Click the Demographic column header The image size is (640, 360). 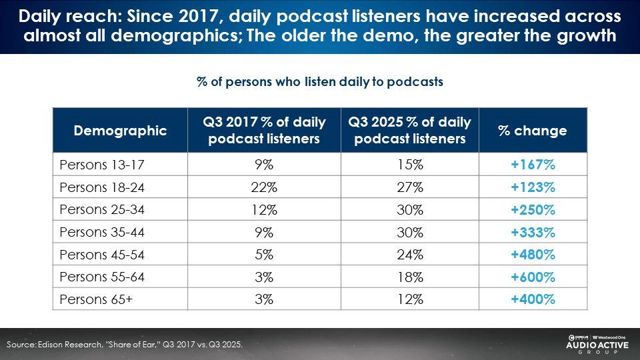click(120, 131)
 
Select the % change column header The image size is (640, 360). click(532, 131)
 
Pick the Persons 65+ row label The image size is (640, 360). click(96, 299)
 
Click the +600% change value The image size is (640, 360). click(532, 277)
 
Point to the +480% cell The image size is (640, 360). click(532, 254)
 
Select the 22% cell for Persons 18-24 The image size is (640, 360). click(265, 187)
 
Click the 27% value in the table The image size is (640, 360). click(408, 187)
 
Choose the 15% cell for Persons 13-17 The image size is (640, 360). click(408, 164)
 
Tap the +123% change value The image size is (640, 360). click(532, 187)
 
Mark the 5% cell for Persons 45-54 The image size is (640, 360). click(265, 254)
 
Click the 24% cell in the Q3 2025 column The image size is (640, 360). click(408, 254)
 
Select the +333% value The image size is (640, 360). click(532, 232)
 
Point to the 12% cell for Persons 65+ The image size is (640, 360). click(408, 299)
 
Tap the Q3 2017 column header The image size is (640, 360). click(265, 131)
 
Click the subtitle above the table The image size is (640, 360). click(319, 81)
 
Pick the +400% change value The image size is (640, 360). click(532, 299)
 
